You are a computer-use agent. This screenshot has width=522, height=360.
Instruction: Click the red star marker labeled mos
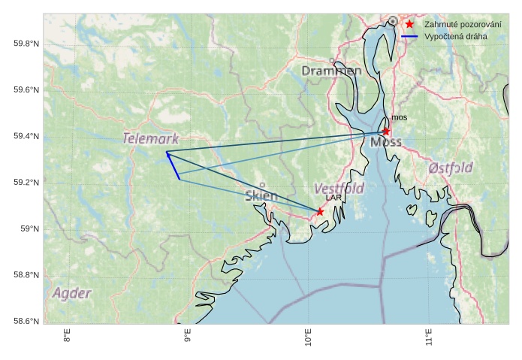[386, 132]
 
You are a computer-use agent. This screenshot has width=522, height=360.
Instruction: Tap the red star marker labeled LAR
[320, 212]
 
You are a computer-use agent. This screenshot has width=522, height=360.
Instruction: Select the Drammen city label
[331, 71]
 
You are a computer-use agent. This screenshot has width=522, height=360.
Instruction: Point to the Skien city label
[261, 196]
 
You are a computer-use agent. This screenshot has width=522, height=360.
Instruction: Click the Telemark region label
[151, 139]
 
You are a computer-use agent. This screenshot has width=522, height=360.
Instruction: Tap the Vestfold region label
[339, 188]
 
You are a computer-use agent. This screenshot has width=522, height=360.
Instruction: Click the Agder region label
[72, 293]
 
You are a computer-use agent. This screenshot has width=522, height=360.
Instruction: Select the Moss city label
[386, 141]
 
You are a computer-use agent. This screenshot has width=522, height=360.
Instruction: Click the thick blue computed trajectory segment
[173, 166]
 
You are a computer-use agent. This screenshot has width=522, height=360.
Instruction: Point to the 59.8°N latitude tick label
[26, 44]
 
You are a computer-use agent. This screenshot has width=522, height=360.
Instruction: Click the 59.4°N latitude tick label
[26, 136]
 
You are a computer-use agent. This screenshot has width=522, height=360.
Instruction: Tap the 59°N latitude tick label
[29, 228]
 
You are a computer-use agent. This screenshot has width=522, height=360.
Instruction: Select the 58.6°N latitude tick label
[26, 321]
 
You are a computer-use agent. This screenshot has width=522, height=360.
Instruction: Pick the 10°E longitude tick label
[308, 337]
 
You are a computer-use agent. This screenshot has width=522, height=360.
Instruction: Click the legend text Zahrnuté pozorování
[463, 24]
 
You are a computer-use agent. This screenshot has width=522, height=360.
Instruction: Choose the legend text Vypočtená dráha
[455, 36]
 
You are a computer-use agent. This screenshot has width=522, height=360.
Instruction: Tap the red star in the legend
[409, 24]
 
